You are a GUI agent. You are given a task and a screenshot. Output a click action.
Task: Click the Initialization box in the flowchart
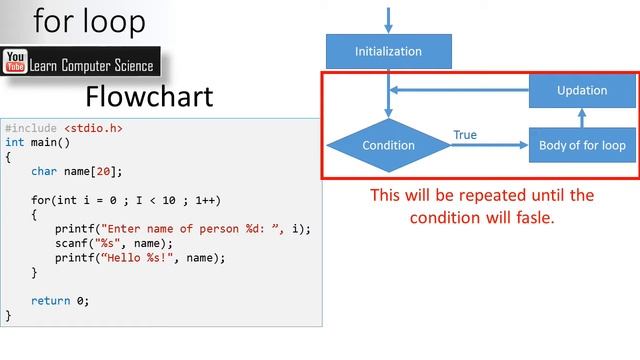pos(389,51)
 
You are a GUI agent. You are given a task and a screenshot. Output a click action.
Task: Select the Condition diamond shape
pos(388,146)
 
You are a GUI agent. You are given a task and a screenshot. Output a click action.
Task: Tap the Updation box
pos(582,90)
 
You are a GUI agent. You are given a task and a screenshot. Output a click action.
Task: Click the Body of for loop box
pos(582,146)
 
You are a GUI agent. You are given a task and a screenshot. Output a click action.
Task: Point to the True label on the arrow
pos(465,135)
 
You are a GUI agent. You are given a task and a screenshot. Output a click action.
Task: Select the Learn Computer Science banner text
pos(91,66)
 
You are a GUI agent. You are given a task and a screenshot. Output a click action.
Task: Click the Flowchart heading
pos(149,97)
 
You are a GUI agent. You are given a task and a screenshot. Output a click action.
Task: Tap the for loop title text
pos(89,22)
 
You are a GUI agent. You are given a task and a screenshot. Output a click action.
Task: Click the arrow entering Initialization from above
pos(388,17)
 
